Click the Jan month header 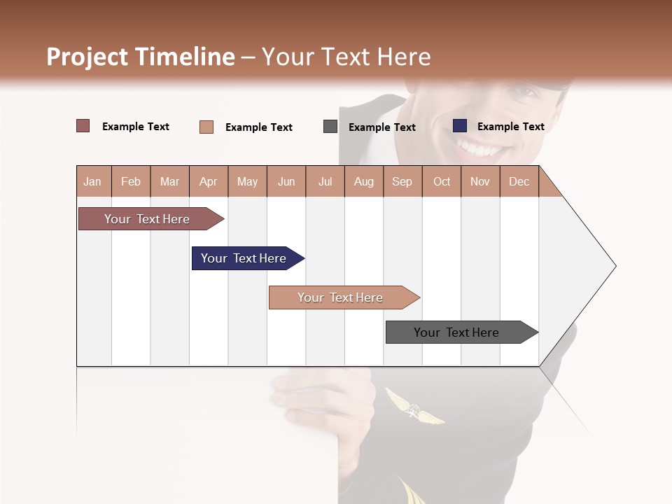(92, 181)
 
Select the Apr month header (208, 181)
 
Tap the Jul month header (325, 181)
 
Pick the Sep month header (402, 181)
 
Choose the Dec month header (519, 181)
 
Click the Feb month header (131, 181)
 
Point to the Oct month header (442, 181)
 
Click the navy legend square (460, 126)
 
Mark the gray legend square (330, 127)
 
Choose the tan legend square (206, 127)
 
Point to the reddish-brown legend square (83, 126)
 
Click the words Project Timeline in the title (141, 57)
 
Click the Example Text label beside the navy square (510, 127)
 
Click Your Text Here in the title (346, 57)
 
